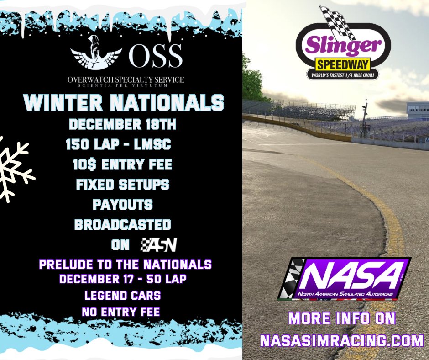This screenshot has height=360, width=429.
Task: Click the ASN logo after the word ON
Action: [x=158, y=245]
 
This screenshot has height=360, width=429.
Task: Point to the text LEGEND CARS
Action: [x=123, y=295]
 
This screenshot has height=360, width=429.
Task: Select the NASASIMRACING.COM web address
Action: [x=342, y=340]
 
